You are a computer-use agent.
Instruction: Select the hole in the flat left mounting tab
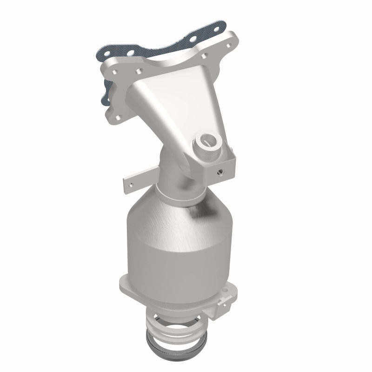point(132,184)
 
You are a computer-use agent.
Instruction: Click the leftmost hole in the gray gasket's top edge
point(113,54)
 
